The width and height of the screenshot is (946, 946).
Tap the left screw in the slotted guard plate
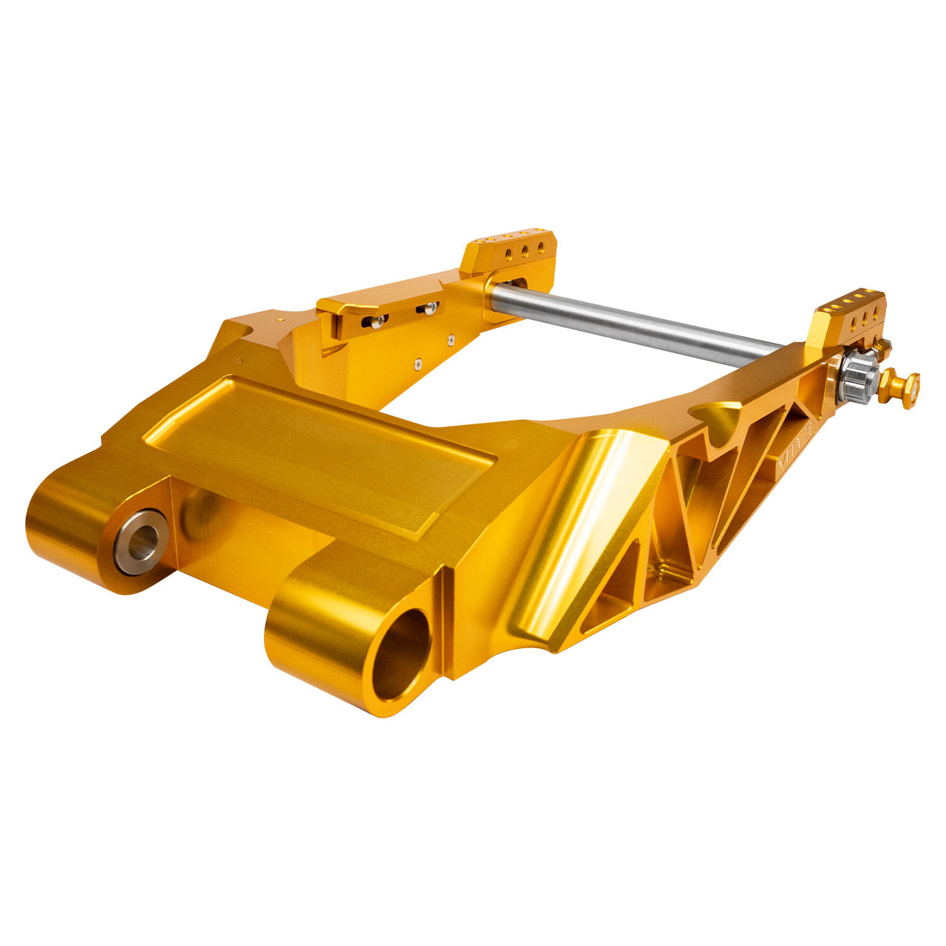[x=378, y=319]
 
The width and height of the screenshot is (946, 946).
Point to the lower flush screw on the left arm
[x=418, y=364]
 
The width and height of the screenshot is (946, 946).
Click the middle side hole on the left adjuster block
[x=525, y=251]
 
